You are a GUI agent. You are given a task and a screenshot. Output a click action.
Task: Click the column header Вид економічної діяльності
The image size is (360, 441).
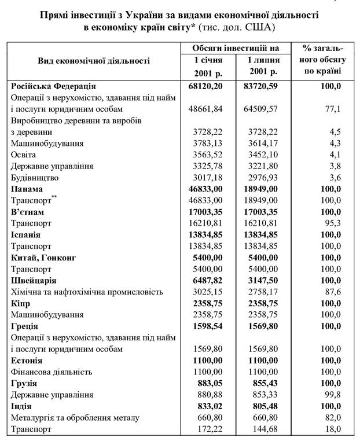click(94, 60)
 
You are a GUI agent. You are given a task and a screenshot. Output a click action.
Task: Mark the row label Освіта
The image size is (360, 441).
click(23, 155)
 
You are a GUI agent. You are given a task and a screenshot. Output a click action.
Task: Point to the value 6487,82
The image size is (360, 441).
click(208, 280)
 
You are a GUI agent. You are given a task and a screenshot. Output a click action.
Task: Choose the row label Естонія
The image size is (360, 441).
click(28, 360)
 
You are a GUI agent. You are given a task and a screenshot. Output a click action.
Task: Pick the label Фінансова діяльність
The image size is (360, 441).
click(52, 372)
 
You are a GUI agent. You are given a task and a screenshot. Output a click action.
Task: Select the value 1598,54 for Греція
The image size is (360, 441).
click(208, 326)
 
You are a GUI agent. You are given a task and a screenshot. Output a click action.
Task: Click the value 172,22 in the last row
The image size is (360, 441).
click(210, 429)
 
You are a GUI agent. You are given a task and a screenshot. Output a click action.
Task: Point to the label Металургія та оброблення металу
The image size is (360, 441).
click(73, 417)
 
